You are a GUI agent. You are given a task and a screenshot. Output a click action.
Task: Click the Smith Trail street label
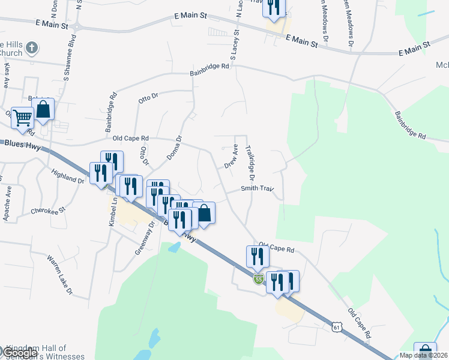[x=257, y=188]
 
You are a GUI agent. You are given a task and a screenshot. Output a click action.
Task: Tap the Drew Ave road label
[x=231, y=156]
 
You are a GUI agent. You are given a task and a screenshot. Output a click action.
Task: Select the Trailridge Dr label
[x=250, y=163]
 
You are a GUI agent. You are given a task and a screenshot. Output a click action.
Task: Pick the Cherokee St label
[x=47, y=211]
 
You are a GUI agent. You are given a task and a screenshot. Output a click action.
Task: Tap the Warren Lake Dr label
[x=59, y=275]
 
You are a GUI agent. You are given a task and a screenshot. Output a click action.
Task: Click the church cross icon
[x=33, y=47]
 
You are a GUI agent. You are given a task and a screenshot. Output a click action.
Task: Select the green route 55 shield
[x=259, y=280]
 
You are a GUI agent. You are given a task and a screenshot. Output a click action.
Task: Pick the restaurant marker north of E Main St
[x=274, y=7]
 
